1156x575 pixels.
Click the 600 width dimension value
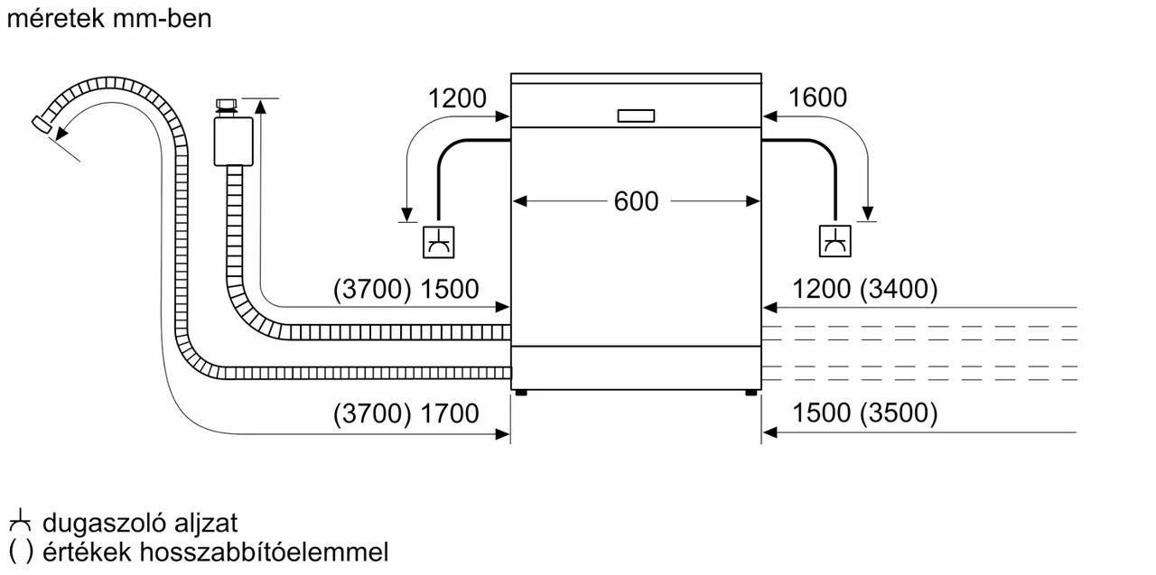(636, 201)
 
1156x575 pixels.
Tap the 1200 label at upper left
(457, 97)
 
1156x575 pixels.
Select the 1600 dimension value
(817, 97)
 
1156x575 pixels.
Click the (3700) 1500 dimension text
(406, 290)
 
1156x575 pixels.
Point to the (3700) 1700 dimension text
(406, 413)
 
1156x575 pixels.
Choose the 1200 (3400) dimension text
(865, 290)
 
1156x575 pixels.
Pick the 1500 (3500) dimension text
(865, 413)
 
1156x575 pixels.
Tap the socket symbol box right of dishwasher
(834, 241)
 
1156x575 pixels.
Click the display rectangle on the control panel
(636, 116)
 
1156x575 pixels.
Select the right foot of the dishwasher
(751, 393)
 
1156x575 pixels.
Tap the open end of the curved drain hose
(41, 124)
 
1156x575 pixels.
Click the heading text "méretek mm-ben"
(109, 19)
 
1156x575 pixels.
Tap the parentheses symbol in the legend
(20, 552)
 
